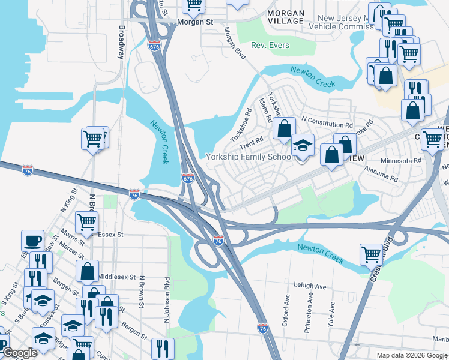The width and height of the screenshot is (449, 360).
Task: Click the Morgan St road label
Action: (x=196, y=22)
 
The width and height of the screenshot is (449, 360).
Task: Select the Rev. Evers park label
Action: (x=270, y=46)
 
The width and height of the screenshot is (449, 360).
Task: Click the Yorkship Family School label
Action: (x=250, y=157)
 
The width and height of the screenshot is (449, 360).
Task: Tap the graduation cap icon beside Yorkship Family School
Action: (x=303, y=146)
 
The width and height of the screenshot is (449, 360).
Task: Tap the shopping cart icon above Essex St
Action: (x=87, y=221)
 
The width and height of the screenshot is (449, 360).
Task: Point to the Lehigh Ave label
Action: (x=310, y=287)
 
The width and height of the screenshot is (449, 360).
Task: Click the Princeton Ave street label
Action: (x=310, y=306)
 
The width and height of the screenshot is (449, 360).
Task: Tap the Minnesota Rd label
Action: (x=402, y=161)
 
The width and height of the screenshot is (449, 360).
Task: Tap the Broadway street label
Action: (x=121, y=42)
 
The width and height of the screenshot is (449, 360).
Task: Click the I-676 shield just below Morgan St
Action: (x=154, y=45)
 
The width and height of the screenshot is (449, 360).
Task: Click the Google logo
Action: (x=20, y=353)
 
